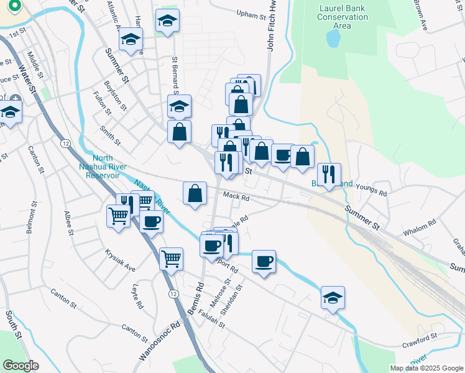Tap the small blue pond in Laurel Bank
(x=333, y=39)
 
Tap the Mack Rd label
(x=236, y=198)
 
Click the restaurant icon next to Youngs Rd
(x=329, y=174)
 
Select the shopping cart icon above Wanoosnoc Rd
(x=171, y=258)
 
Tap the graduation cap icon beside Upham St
(x=167, y=21)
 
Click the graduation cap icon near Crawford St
(x=333, y=297)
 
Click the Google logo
(x=20, y=365)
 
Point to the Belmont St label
(x=29, y=217)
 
